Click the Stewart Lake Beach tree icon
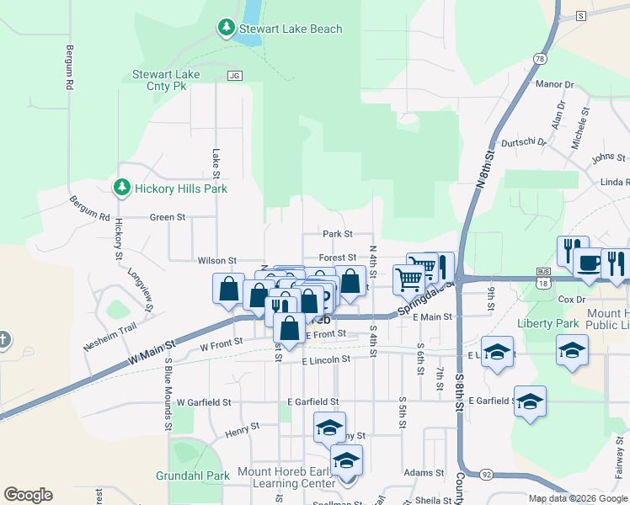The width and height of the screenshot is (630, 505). pyautogui.click(x=226, y=29)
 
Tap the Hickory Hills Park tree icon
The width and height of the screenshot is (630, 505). pyautogui.click(x=122, y=187)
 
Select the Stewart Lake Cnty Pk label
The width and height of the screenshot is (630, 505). pyautogui.click(x=166, y=80)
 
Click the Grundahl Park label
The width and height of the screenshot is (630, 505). pyautogui.click(x=193, y=476)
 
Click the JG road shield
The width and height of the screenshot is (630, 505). pyautogui.click(x=234, y=76)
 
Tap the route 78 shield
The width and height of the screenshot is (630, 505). pyautogui.click(x=540, y=57)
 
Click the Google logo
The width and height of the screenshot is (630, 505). pyautogui.click(x=28, y=495)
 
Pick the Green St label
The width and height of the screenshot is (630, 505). pyautogui.click(x=167, y=217)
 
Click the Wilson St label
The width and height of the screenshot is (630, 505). pyautogui.click(x=216, y=261)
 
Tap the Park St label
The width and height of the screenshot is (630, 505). pyautogui.click(x=337, y=234)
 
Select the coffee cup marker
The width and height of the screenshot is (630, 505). pyautogui.click(x=589, y=263)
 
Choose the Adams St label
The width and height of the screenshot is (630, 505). pyautogui.click(x=423, y=473)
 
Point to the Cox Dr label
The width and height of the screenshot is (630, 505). pyautogui.click(x=571, y=299)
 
